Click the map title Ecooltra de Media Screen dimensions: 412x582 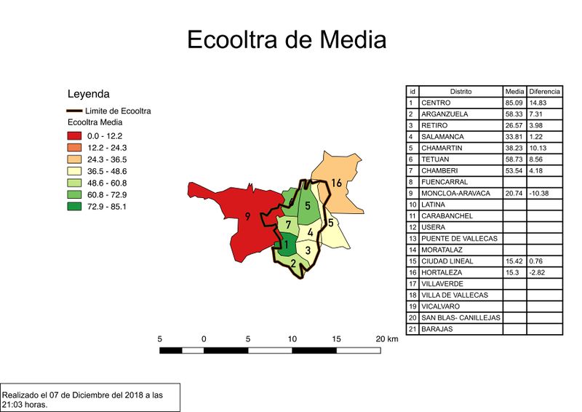(x=287, y=39)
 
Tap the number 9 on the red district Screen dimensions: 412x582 (x=248, y=216)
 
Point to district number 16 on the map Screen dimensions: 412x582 (x=336, y=183)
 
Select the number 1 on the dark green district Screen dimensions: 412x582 (x=287, y=245)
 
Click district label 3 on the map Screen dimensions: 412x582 (x=308, y=250)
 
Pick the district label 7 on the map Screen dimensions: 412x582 (x=288, y=224)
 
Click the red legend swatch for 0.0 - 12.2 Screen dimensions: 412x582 (x=75, y=136)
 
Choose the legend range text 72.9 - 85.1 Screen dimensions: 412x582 (x=106, y=206)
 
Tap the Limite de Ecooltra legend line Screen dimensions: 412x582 (x=75, y=111)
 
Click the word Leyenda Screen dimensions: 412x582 (x=88, y=94)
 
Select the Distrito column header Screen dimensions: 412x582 (x=461, y=92)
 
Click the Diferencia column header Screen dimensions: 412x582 (x=544, y=92)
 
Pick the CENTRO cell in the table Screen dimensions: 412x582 (x=436, y=103)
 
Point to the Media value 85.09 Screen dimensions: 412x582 (x=514, y=103)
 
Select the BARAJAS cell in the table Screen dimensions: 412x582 (x=437, y=329)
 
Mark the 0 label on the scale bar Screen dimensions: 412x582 (x=204, y=339)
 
